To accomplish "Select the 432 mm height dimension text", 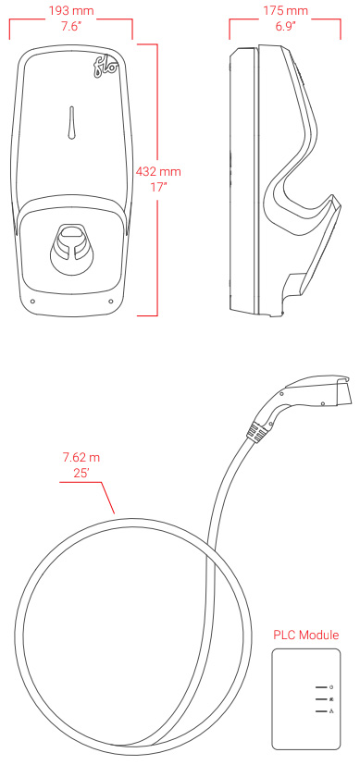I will tap(158, 172).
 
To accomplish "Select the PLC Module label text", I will tap(305, 635).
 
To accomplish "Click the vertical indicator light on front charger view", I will tap(72, 124).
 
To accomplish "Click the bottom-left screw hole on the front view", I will tap(32, 300).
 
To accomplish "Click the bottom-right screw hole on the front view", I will tap(112, 300).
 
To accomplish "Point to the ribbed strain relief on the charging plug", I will tap(261, 427).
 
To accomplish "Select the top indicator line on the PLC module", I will tap(321, 689).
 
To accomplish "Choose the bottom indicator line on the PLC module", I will tap(321, 712).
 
